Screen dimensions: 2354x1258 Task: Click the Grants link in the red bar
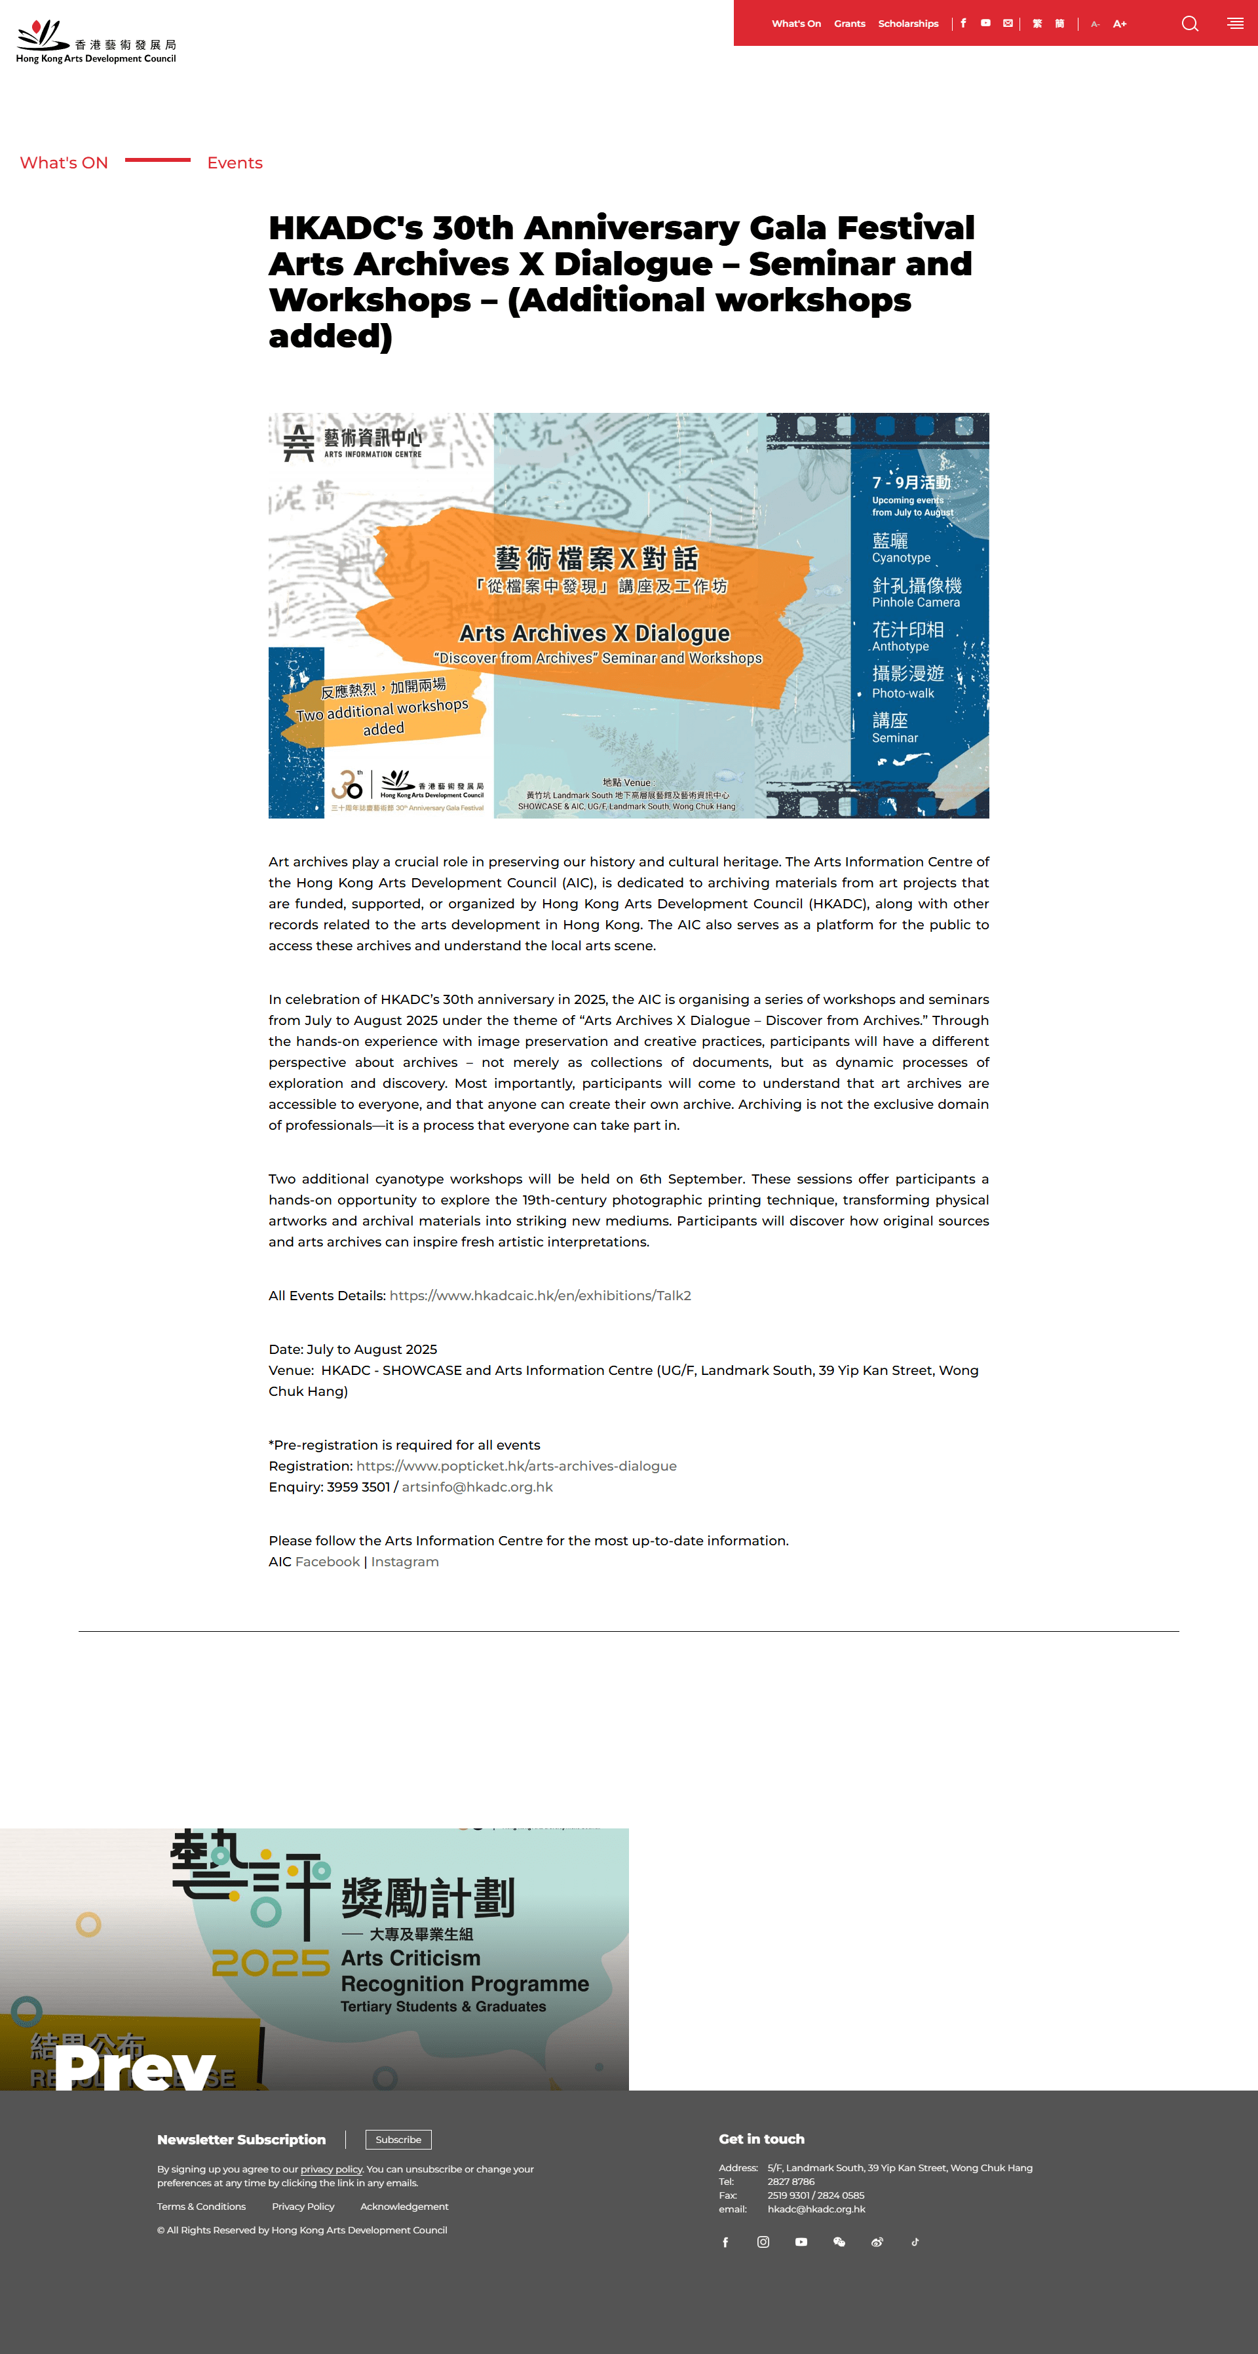(x=848, y=24)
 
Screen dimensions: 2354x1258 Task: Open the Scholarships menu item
(x=907, y=24)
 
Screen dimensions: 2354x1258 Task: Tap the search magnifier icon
(x=1189, y=24)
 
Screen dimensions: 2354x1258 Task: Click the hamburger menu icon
(x=1235, y=24)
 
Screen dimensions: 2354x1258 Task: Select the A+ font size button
(x=1119, y=24)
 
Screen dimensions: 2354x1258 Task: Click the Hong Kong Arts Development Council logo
(x=96, y=42)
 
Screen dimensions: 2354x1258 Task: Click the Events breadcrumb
(x=235, y=163)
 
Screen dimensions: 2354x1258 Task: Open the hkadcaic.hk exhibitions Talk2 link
(x=540, y=1295)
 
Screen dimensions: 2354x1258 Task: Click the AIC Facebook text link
(x=327, y=1561)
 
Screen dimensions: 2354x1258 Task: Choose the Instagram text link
(x=405, y=1561)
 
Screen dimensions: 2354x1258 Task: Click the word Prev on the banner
(x=135, y=2067)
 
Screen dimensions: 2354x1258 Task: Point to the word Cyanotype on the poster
(x=901, y=558)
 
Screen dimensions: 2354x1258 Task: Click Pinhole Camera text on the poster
(x=915, y=602)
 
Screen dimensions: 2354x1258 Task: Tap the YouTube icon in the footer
(x=801, y=2241)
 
